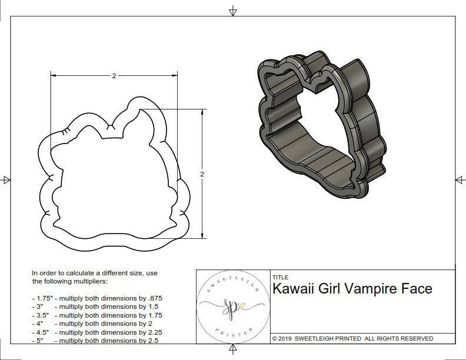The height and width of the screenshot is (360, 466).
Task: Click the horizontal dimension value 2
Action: tap(113, 76)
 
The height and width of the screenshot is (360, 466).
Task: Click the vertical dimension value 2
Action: tap(202, 174)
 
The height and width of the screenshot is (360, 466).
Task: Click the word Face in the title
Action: tap(417, 289)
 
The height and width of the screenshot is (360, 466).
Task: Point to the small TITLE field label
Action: tap(280, 277)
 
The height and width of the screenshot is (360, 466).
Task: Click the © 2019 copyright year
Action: tap(282, 339)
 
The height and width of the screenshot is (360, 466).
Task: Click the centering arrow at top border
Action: tap(233, 10)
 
